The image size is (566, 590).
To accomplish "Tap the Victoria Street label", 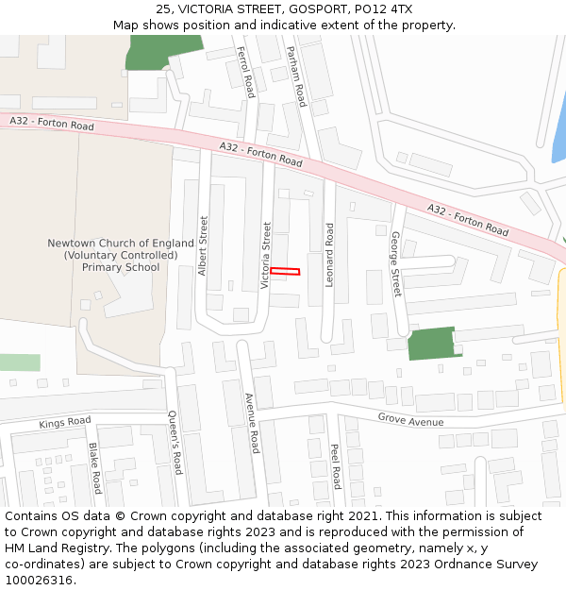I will point(267,255).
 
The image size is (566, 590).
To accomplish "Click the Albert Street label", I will point(203,245).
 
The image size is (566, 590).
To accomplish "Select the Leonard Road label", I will point(330,255).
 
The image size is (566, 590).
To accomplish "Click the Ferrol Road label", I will point(246,73).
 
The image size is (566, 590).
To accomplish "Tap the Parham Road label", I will point(296,76).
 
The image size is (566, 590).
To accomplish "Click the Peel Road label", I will point(335,465).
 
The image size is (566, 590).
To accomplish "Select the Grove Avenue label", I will point(410,418).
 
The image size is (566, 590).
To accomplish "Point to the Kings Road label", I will point(65,422).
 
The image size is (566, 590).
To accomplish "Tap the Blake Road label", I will point(94,468).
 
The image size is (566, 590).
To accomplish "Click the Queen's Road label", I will point(174,442).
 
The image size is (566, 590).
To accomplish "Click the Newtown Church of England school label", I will point(121,255).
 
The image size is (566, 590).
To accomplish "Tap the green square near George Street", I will point(432,343).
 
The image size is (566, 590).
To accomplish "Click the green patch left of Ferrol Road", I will point(164,52).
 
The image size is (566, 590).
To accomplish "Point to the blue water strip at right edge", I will point(558,142).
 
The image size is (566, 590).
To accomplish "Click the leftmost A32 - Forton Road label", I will point(52,124).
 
